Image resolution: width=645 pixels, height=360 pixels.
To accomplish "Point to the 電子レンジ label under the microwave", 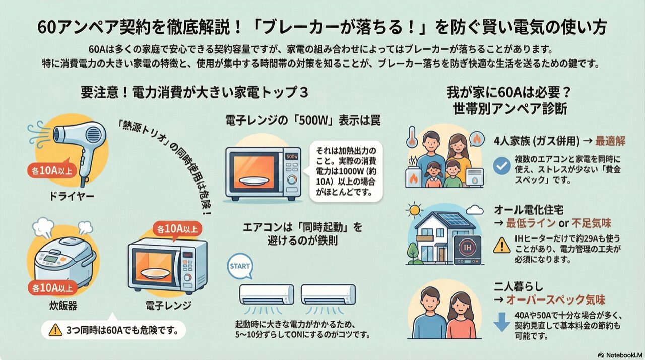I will tap(166, 306).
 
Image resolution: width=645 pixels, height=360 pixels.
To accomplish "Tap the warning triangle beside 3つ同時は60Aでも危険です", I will tap(54, 330).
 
